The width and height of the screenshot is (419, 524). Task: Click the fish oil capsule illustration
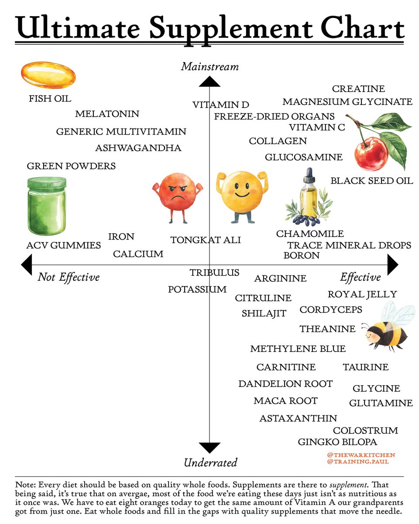coord(48,76)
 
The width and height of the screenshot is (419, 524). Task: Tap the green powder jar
coord(46,208)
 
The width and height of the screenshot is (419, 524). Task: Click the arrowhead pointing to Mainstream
coord(209,82)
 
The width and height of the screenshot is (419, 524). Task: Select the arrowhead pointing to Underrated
coord(209,448)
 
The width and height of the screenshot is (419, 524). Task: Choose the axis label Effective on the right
coord(360,277)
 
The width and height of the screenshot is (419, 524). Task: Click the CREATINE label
coord(358,89)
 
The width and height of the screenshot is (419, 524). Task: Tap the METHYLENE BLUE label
coord(298,349)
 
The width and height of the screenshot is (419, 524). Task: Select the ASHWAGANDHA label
coord(138,148)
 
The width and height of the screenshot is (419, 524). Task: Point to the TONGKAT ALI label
coord(205,240)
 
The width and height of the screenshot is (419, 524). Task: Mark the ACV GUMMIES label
coord(63,246)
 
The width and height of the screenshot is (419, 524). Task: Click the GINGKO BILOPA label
coord(337,442)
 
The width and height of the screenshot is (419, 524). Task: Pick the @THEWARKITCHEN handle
coord(361,455)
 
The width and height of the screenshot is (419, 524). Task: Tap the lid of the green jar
coord(47,182)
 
